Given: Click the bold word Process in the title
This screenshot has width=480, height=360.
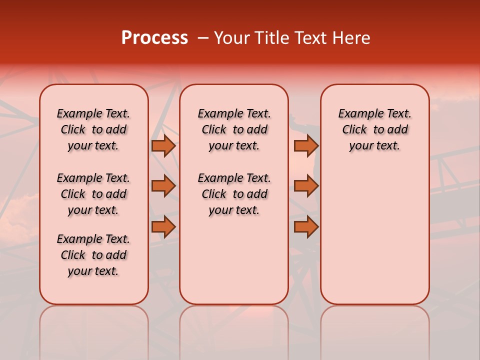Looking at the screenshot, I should tap(154, 38).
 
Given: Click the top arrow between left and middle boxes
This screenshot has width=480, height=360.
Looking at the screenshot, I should tap(163, 146).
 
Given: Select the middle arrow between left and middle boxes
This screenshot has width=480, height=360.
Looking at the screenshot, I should tap(163, 186).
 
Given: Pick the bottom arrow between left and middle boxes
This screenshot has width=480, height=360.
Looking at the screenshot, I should tap(163, 227).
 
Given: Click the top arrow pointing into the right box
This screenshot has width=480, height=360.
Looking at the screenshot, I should tap(306, 146).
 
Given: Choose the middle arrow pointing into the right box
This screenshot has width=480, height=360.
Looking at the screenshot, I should tap(306, 186).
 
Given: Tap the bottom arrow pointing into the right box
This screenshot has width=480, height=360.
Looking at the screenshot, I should tap(306, 227).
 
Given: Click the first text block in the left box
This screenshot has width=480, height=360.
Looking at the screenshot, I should tap(93, 129).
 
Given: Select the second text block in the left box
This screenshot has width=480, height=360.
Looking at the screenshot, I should tap(93, 194).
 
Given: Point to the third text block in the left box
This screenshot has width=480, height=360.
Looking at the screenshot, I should tap(93, 255).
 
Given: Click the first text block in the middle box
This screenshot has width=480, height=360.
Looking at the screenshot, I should tap(234, 129).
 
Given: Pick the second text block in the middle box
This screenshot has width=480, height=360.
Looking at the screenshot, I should tap(234, 194).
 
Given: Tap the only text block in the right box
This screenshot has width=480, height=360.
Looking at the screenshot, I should tap(374, 129).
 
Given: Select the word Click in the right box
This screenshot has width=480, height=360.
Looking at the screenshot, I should tap(354, 130).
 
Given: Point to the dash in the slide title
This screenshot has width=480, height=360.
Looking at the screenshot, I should tap(203, 38).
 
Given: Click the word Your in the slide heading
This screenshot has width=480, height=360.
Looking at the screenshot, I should tap(230, 38).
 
